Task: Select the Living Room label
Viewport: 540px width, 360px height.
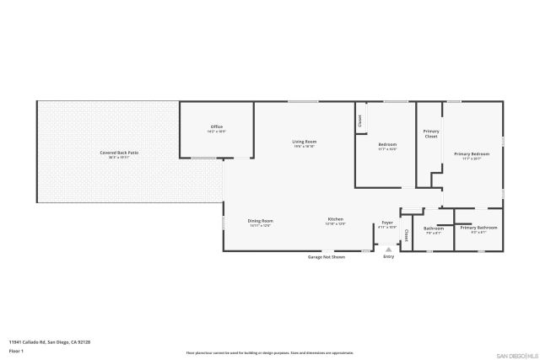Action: (x=304, y=142)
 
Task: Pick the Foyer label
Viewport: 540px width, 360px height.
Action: (x=387, y=224)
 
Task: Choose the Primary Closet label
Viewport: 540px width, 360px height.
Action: (x=431, y=133)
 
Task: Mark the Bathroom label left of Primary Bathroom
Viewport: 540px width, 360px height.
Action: (x=434, y=229)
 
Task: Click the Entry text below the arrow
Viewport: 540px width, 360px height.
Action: (x=388, y=256)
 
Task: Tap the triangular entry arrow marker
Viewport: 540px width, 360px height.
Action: (x=388, y=250)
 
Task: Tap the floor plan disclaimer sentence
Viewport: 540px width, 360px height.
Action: (x=270, y=352)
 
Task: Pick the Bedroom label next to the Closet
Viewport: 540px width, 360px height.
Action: (x=387, y=146)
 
